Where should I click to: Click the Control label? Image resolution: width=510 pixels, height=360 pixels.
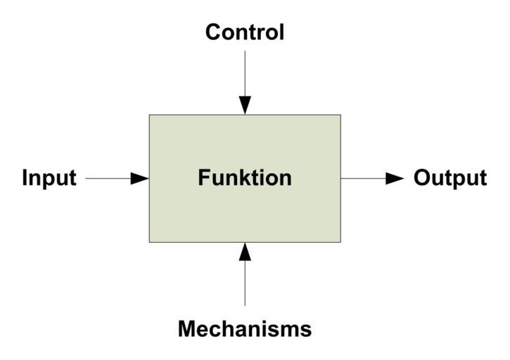[x=245, y=32]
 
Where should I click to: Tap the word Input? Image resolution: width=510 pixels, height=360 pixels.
[x=49, y=178]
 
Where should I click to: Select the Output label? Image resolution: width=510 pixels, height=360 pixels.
[x=450, y=178]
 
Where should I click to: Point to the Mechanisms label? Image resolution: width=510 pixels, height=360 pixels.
[x=245, y=328]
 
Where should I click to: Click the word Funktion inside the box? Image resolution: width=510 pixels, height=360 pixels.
[x=245, y=178]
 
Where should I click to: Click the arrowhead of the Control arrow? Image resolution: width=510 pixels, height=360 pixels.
[x=245, y=105]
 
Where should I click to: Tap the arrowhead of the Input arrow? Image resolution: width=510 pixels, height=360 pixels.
[x=140, y=179]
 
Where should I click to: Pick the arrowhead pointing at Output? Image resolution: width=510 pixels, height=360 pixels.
[x=395, y=179]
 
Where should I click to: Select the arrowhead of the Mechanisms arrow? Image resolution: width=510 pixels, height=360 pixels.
[x=245, y=251]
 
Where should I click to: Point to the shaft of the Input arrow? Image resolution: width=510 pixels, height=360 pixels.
[x=109, y=179]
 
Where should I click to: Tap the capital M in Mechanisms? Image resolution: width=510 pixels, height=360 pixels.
[x=187, y=328]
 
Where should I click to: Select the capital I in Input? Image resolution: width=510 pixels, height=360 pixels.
[x=25, y=178]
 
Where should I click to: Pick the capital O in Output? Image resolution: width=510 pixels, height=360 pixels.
[x=421, y=178]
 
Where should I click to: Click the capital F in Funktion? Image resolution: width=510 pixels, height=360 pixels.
[x=203, y=178]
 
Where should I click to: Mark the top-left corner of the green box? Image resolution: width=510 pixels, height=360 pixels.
[x=149, y=115]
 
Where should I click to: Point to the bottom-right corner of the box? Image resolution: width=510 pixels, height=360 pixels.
[x=340, y=242]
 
